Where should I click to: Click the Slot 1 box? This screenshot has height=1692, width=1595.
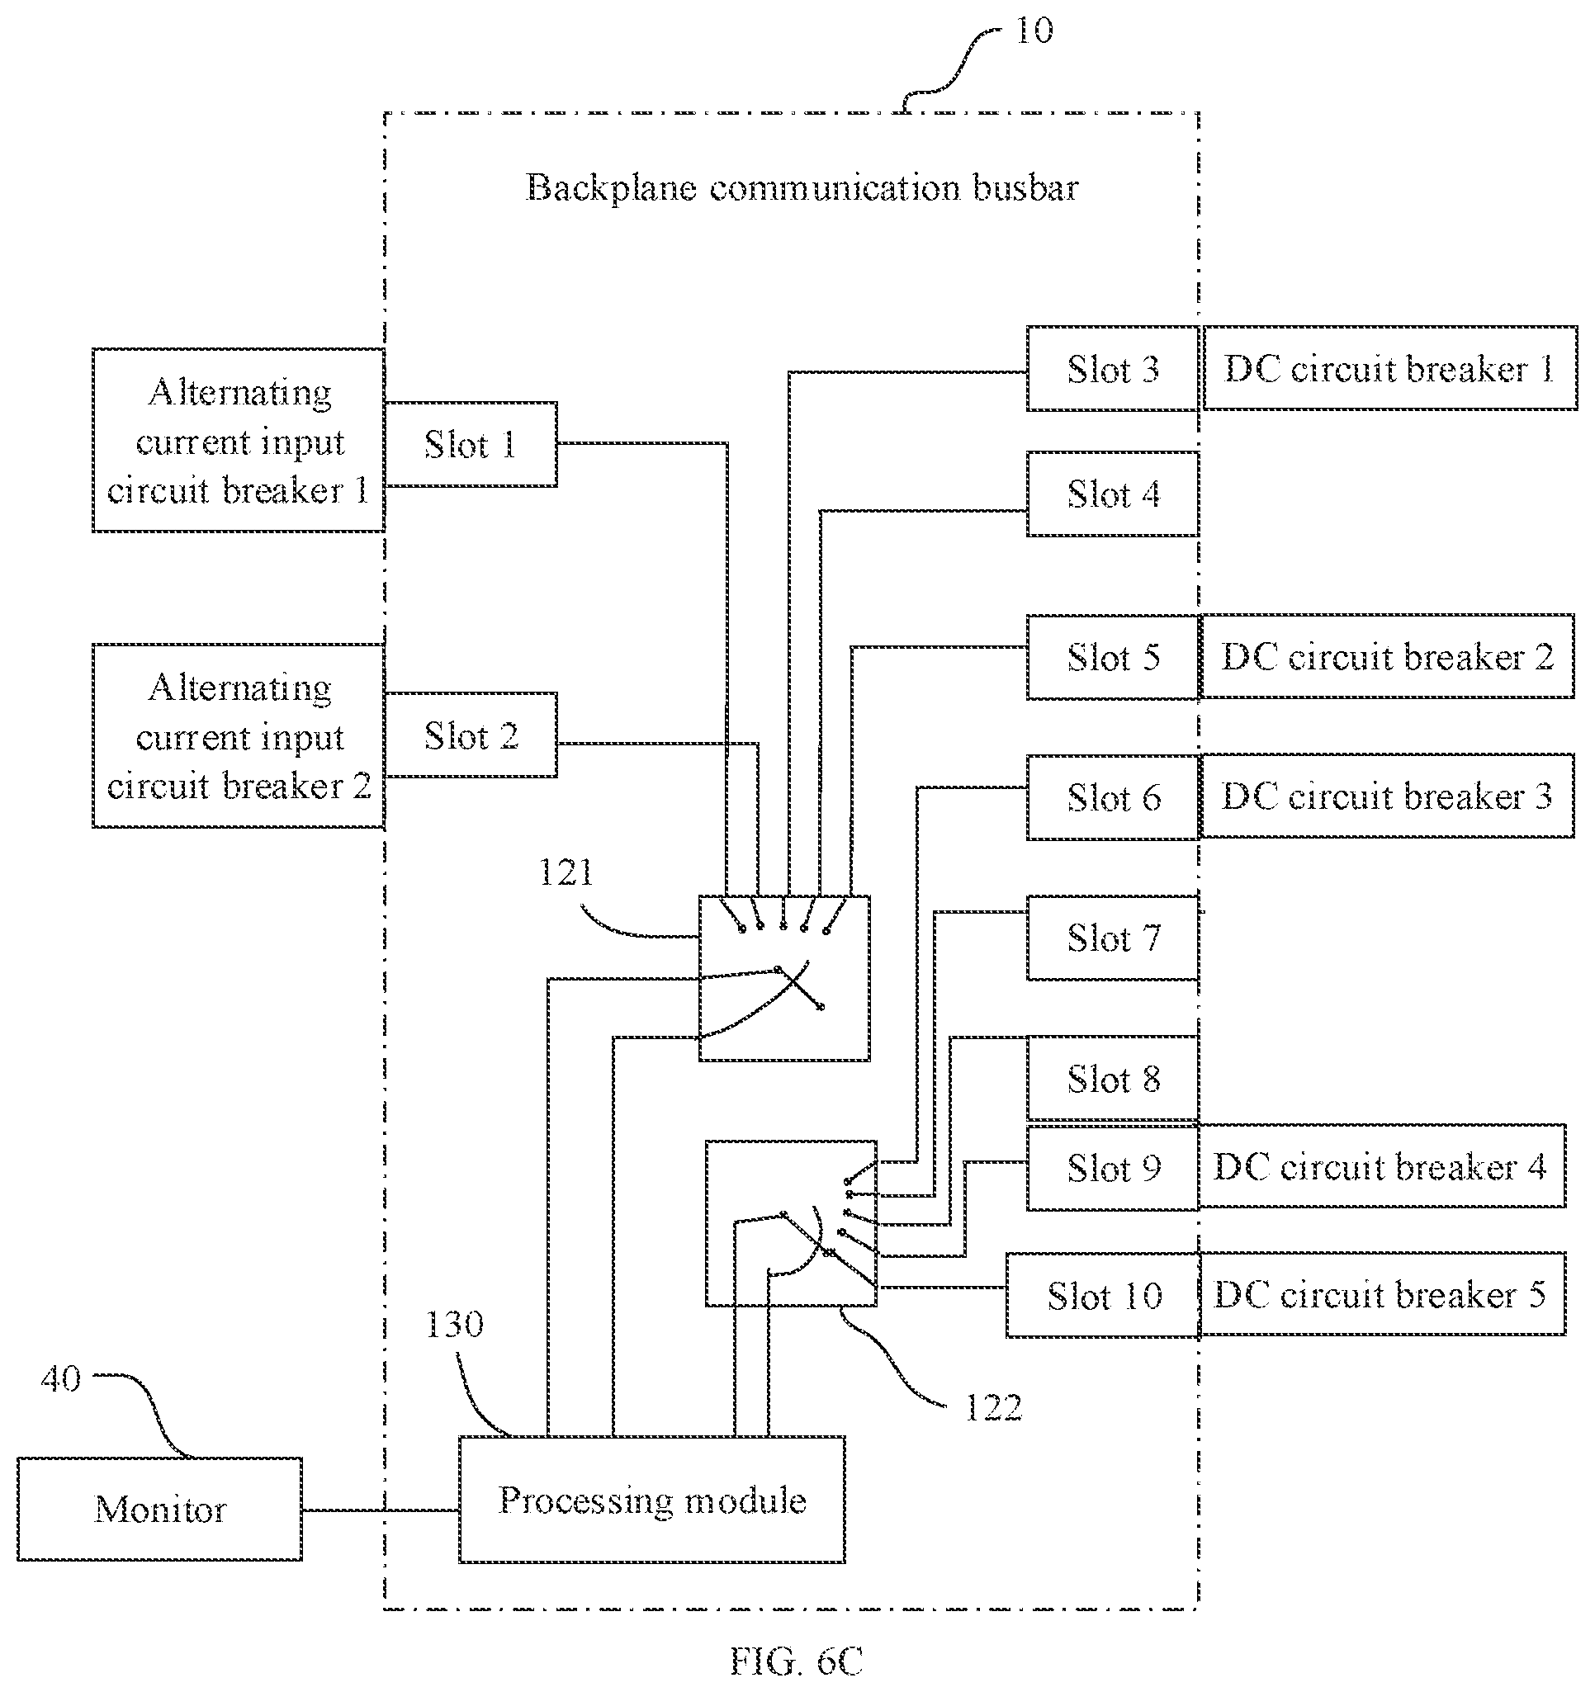[x=471, y=444]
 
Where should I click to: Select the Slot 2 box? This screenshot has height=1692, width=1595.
[x=471, y=735]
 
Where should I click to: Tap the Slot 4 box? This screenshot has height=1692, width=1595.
[x=1112, y=494]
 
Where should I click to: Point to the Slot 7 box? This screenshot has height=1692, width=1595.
[x=1112, y=938]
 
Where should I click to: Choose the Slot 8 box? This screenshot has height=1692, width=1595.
[x=1112, y=1079]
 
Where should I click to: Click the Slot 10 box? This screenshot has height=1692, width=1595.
[x=1103, y=1295]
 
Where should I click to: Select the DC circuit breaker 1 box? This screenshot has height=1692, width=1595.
[x=1389, y=367]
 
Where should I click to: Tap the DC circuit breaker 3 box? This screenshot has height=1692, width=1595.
[x=1386, y=796]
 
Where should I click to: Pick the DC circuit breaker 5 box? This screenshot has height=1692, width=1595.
[x=1382, y=1293]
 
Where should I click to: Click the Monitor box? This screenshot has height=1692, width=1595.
[x=160, y=1509]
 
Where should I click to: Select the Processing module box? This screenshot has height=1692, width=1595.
[x=652, y=1500]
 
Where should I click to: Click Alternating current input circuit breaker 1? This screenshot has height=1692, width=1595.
[x=239, y=440]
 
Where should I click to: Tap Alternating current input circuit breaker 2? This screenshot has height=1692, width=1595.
[x=239, y=735]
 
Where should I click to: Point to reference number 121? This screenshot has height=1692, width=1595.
[x=566, y=872]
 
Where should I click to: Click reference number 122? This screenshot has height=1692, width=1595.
[x=993, y=1408]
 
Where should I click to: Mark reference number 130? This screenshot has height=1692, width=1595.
[x=455, y=1325]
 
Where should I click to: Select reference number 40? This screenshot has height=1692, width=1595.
[x=60, y=1379]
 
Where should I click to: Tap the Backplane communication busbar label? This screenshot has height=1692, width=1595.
[x=802, y=187]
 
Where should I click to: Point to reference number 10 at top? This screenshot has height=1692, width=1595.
[x=1034, y=31]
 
